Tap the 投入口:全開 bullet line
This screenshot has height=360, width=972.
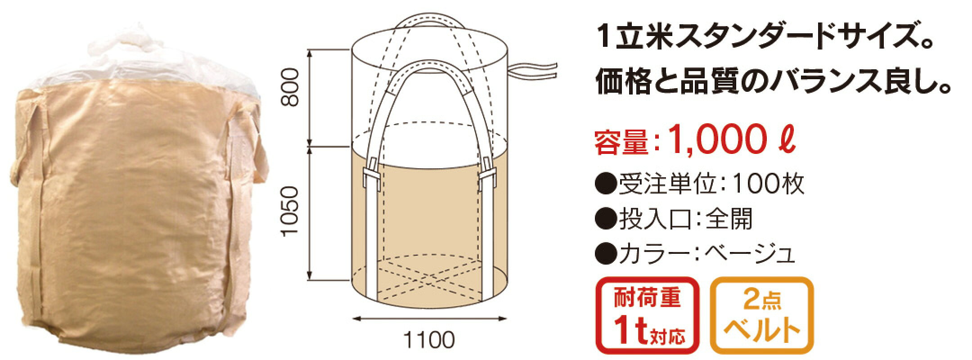(674, 220)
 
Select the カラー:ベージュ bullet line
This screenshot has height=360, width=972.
(696, 255)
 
